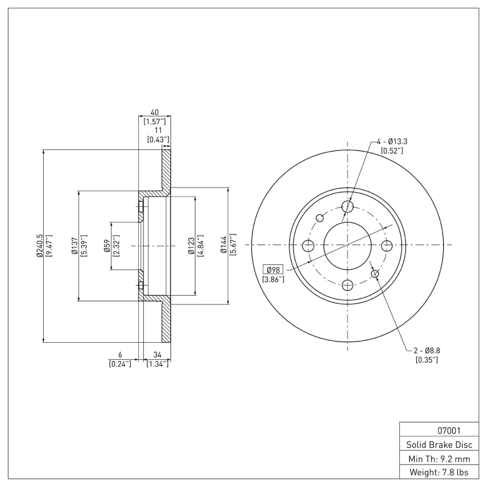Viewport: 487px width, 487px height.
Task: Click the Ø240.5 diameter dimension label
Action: pos(40,246)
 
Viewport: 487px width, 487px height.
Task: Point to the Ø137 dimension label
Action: pos(74,246)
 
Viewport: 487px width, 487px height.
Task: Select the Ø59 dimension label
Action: pos(107,246)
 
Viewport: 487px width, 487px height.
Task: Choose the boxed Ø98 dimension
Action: pos(272,270)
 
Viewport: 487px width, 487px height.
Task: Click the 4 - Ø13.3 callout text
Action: pos(391,141)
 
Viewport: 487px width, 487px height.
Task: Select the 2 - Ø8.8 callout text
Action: pos(426,351)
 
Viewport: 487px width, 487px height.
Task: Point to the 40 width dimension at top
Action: pos(154,113)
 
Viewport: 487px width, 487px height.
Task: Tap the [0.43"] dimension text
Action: pos(158,139)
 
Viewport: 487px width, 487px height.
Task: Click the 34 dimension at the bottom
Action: pos(157,354)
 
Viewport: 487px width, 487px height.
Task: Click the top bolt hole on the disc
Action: pos(348,207)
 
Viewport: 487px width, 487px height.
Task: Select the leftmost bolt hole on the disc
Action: pos(308,245)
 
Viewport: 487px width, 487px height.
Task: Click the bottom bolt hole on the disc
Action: pos(348,284)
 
